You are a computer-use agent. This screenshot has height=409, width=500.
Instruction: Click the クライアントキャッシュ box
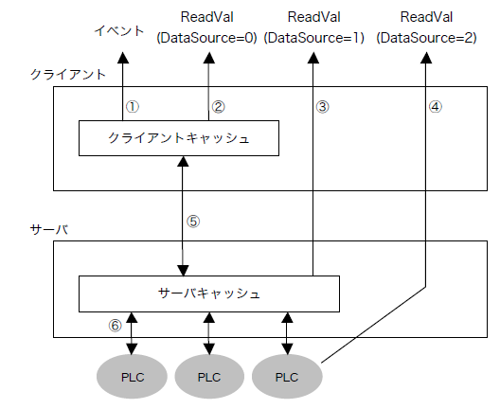click(179, 139)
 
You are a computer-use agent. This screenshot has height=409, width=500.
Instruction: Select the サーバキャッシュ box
click(207, 293)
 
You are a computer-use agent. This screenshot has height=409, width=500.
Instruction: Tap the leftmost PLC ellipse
click(132, 376)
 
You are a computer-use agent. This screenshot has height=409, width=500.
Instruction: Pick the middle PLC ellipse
click(209, 376)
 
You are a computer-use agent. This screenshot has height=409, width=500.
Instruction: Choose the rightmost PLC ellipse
click(287, 376)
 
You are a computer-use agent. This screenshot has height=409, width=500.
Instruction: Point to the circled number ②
click(219, 107)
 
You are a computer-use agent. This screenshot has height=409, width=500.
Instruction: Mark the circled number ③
click(322, 107)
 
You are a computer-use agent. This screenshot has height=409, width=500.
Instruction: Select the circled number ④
click(435, 107)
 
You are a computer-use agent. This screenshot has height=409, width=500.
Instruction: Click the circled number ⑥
click(115, 325)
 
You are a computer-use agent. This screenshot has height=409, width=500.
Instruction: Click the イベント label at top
click(121, 30)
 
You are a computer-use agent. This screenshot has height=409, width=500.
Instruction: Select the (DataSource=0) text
click(206, 37)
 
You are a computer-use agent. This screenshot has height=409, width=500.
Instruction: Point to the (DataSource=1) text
click(314, 37)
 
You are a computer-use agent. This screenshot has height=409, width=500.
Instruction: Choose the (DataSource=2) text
click(425, 37)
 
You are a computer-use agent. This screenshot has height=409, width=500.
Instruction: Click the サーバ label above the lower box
click(48, 230)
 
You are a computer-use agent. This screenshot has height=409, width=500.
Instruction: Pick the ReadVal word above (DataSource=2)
click(425, 17)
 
